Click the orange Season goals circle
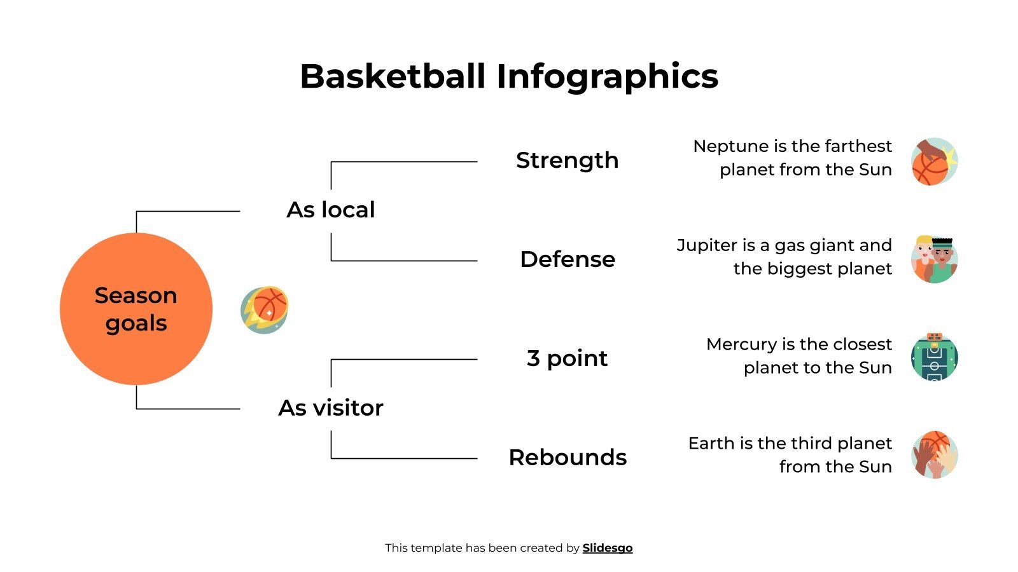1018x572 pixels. (x=136, y=309)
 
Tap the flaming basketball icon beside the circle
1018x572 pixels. (x=265, y=310)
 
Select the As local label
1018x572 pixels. (x=331, y=210)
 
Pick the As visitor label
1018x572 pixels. (x=331, y=407)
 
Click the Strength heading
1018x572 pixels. (x=567, y=160)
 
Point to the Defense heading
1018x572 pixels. (x=567, y=259)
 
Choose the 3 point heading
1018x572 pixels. (x=567, y=358)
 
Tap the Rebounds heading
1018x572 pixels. (x=568, y=458)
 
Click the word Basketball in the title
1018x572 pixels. (x=393, y=76)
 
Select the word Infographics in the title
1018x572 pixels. (x=607, y=76)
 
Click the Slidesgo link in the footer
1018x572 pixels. (x=608, y=548)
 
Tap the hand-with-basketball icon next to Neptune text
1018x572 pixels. (x=934, y=161)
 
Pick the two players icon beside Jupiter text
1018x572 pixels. (x=934, y=259)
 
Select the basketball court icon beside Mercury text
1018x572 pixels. (x=934, y=357)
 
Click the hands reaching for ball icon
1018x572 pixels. (x=934, y=455)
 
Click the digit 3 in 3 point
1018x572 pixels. (x=533, y=358)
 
